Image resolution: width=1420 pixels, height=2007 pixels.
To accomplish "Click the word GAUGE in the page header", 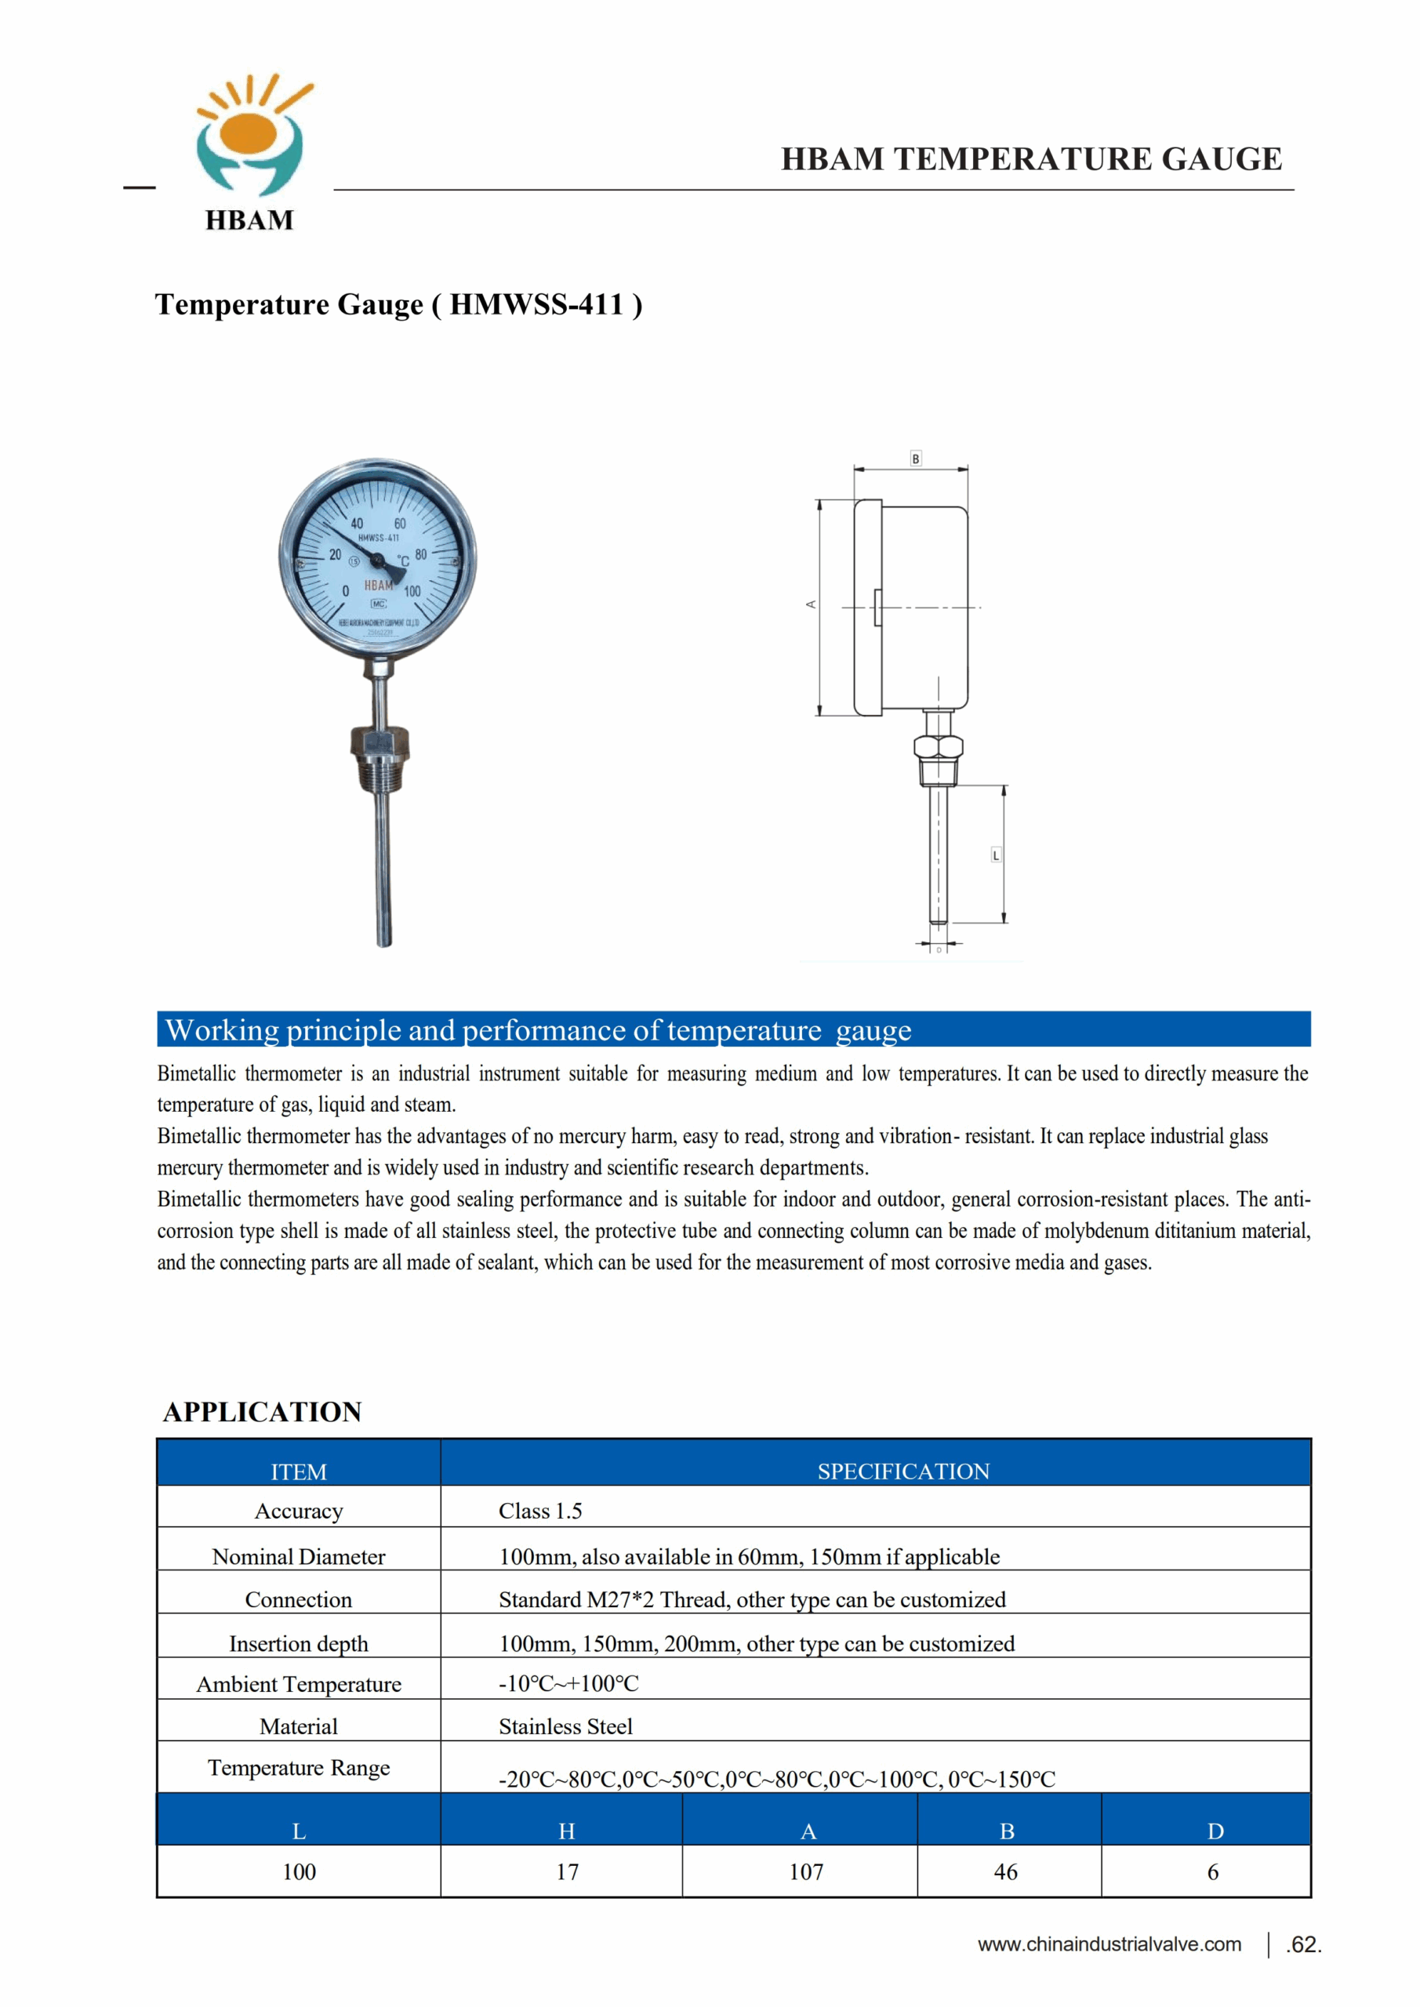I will coord(1222,159).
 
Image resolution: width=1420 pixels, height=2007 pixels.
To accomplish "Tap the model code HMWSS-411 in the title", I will coord(536,304).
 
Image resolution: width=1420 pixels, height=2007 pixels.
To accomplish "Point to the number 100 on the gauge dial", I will coord(412,592).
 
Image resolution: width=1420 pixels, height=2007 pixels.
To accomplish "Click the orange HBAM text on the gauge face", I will coord(378,585).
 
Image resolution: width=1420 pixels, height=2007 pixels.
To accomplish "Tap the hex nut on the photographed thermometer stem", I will coord(380,742).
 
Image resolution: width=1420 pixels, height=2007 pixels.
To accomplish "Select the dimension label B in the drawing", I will coord(916,459).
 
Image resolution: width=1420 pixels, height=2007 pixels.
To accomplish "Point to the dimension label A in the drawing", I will coord(811,604).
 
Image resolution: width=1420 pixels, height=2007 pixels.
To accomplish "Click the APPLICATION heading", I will coord(263,1412).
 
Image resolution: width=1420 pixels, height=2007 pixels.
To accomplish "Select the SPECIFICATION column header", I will coord(903,1472).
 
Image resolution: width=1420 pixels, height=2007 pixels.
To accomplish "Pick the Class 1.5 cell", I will coord(539,1511).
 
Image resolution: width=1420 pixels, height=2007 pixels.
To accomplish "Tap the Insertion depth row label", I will coord(298,1643).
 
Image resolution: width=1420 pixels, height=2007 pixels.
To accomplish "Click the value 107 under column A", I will coord(806,1871).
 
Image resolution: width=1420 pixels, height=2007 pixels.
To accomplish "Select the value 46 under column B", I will coord(1005,1871).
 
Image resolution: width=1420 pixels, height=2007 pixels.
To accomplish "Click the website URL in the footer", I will coord(1109,1944).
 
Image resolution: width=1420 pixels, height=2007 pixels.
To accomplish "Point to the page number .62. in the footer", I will coord(1303,1945).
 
